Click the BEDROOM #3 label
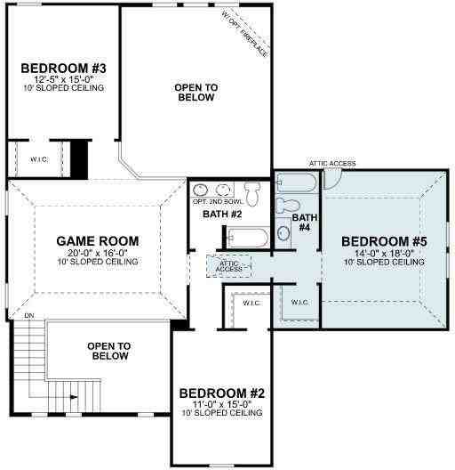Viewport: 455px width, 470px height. (63, 69)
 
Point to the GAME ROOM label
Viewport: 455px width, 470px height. (98, 240)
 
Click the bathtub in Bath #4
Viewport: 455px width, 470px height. (294, 183)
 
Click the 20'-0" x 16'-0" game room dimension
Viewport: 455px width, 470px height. (98, 252)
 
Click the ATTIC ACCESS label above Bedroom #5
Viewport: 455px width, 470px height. (332, 164)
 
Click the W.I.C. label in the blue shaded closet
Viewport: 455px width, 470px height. (300, 302)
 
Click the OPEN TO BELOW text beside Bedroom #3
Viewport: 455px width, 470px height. (195, 92)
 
